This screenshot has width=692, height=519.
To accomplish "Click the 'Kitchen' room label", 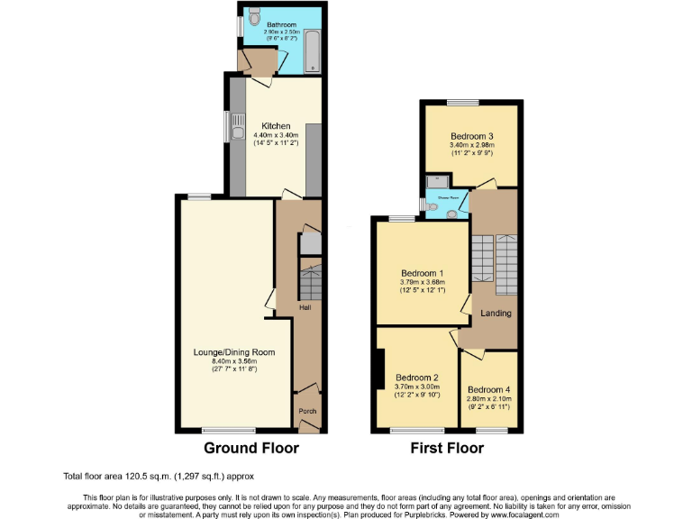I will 276,125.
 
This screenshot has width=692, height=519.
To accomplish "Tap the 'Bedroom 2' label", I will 417,377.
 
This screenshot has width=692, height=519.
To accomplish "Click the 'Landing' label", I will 496,314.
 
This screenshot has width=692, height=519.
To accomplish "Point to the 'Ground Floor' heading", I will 251,448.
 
